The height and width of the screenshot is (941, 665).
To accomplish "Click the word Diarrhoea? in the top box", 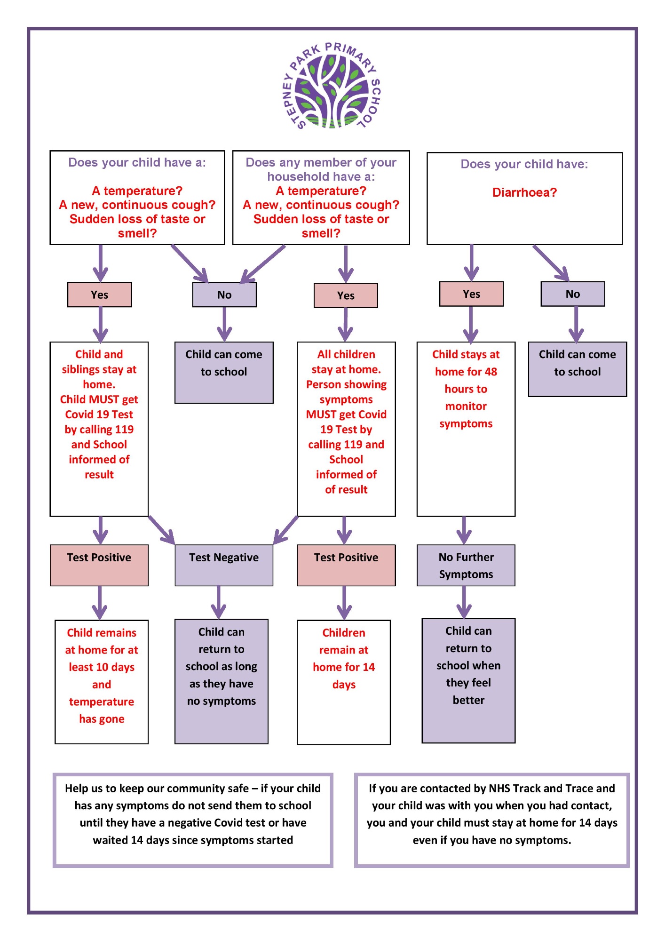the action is tap(524, 192).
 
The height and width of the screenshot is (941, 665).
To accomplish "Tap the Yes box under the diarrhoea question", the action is tap(471, 294).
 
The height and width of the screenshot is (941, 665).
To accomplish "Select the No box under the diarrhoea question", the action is tap(573, 294).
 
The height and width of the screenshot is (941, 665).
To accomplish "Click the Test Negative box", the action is tap(224, 565).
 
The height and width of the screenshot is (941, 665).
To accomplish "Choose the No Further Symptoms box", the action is tap(466, 565).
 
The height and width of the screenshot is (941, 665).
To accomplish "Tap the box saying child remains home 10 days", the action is tap(102, 682).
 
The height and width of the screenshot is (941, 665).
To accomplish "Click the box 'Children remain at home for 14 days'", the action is tap(344, 682).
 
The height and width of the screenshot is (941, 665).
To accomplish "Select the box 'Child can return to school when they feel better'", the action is tap(468, 681).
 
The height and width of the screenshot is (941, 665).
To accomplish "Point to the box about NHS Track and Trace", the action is tap(492, 820).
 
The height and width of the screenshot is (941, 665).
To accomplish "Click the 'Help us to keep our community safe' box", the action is tap(193, 820).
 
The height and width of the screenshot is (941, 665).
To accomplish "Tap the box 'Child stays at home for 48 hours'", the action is tap(466, 429).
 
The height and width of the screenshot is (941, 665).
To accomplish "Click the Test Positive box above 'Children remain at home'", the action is tap(346, 565).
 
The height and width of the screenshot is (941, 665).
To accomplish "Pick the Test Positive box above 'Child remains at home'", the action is tap(99, 565).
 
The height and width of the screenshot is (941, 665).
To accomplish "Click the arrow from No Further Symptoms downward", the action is tap(464, 602).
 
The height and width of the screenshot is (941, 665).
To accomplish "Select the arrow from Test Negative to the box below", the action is tap(219, 602).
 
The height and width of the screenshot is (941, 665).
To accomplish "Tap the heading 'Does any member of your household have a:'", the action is tap(321, 169).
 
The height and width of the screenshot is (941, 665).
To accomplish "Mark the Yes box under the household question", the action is tap(346, 295).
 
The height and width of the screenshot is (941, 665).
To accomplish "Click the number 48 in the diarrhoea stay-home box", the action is tap(491, 372).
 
